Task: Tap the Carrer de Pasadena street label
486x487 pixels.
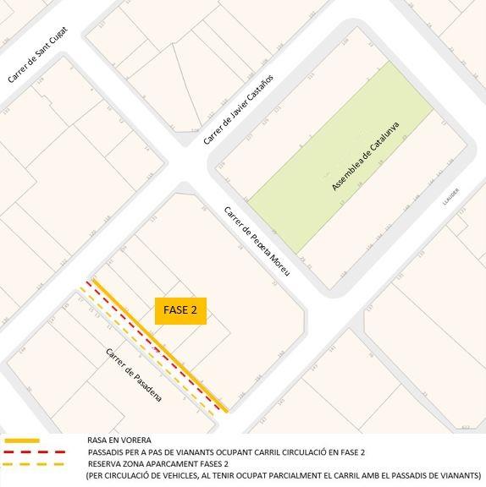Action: click(135, 373)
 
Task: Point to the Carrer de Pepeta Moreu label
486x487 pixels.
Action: click(257, 241)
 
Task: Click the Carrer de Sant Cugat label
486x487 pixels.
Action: click(36, 54)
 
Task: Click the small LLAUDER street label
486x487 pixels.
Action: click(450, 196)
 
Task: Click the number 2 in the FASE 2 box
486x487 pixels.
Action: click(195, 310)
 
